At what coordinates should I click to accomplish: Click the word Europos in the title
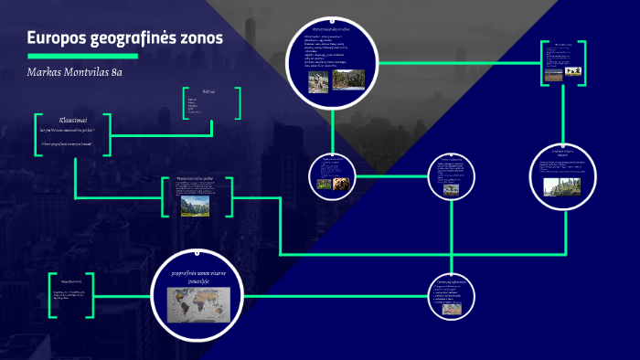coord(55,37)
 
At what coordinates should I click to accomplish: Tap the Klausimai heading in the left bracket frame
coord(72,119)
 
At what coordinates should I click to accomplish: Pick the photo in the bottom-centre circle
coord(452,309)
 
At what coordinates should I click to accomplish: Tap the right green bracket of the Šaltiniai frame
coord(238,104)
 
